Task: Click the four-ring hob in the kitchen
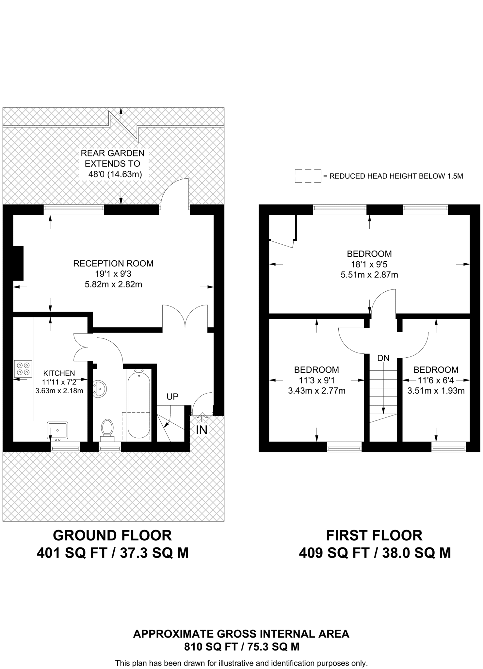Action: point(23,368)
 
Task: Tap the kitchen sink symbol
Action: point(57,430)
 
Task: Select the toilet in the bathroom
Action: point(107,428)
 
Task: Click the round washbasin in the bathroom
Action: point(99,389)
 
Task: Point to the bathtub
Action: point(138,405)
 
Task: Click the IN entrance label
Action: point(201,430)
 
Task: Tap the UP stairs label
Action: point(172,397)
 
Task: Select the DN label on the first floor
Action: point(383,358)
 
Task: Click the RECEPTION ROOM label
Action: point(113,264)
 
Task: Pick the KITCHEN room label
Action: point(59,373)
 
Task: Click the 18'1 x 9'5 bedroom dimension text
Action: point(369,264)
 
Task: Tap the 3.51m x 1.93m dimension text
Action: point(436,391)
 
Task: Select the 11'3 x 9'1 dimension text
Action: point(316,380)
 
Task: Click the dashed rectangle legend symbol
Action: point(308,176)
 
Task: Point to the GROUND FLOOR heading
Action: point(112,535)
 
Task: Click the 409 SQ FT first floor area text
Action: point(375,553)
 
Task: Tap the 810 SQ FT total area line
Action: point(241,647)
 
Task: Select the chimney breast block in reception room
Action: point(18,263)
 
